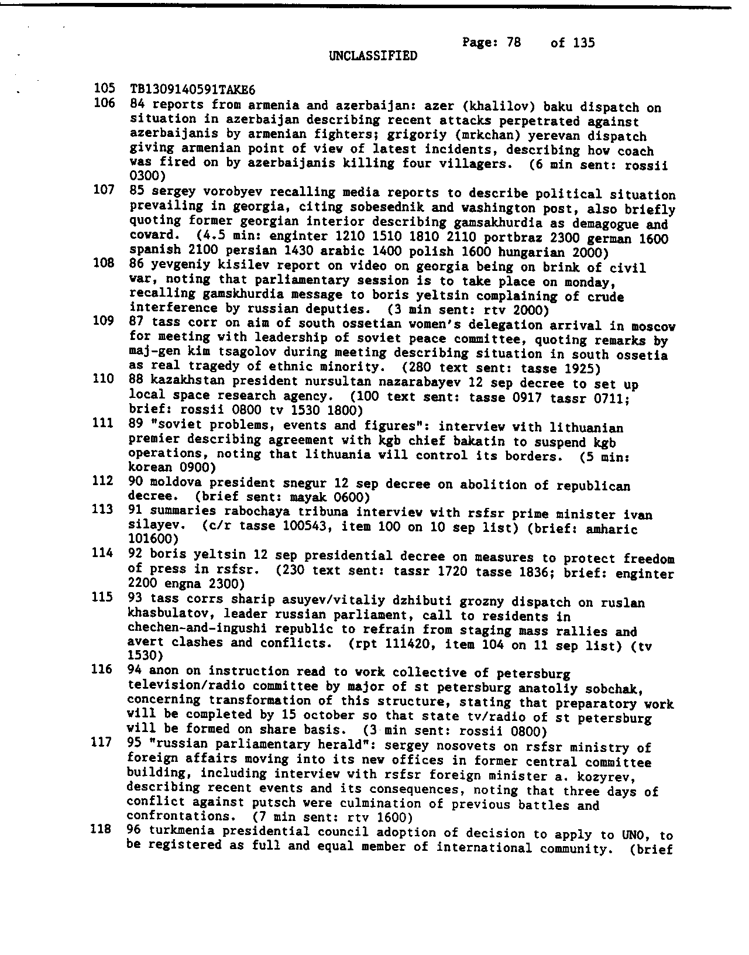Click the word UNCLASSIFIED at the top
click(x=373, y=56)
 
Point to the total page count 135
click(x=583, y=42)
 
